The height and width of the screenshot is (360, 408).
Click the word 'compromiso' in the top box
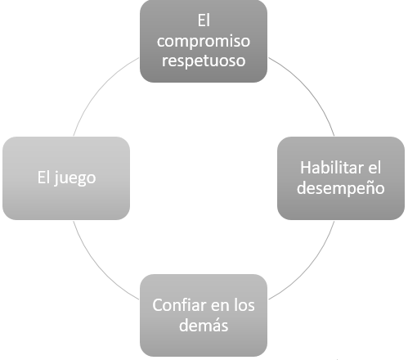tap(204, 42)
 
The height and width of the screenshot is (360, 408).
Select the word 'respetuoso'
tap(204, 61)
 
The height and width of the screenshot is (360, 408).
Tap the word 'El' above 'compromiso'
tap(204, 20)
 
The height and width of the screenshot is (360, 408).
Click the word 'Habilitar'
tap(332, 168)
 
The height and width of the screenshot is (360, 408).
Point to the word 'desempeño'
tap(341, 188)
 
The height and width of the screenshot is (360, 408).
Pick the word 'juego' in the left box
tap(75, 178)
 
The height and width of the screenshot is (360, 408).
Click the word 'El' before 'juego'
tap(43, 178)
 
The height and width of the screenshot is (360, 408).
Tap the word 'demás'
tap(204, 325)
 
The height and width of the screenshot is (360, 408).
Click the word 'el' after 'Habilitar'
tap(374, 168)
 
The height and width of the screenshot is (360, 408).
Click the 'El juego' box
tap(66, 178)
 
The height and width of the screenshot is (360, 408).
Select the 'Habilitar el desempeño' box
tap(341, 178)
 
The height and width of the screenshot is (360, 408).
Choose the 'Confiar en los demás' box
tap(204, 315)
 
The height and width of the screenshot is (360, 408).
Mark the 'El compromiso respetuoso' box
tap(204, 41)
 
